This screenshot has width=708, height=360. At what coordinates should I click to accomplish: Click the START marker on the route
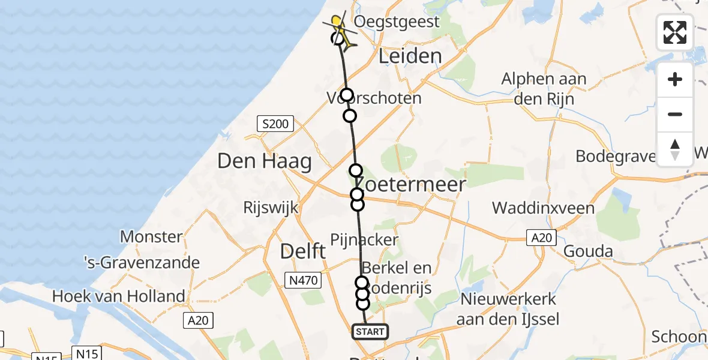[x=369, y=332]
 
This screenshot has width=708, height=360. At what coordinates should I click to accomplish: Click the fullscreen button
[x=675, y=32]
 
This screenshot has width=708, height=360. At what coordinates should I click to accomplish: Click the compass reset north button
[x=675, y=149]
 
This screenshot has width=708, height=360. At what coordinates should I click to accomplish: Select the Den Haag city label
[x=265, y=161]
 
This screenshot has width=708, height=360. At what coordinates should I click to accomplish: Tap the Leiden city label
[x=410, y=57]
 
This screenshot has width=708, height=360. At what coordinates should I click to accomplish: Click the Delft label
[x=303, y=251]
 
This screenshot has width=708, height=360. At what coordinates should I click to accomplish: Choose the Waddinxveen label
[x=543, y=208]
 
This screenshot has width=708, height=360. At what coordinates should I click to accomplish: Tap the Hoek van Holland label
[x=118, y=296]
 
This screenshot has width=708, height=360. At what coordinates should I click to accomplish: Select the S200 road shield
[x=275, y=125]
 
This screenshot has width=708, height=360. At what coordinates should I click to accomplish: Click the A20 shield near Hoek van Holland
[x=198, y=321]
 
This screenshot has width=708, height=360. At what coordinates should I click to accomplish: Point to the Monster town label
[x=151, y=236]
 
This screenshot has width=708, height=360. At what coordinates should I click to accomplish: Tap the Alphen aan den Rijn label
[x=544, y=88]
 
